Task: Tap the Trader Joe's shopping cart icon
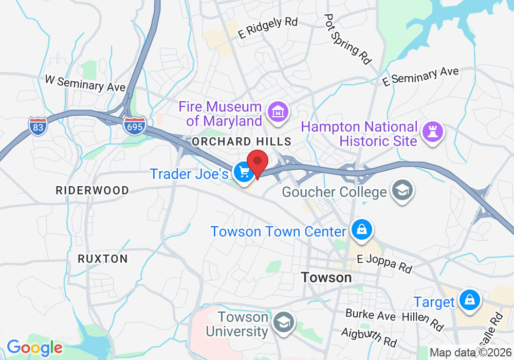click(242, 172)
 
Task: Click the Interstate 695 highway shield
click(134, 125)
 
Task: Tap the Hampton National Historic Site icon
click(432, 132)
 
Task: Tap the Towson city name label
click(326, 278)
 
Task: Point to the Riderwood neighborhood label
click(93, 190)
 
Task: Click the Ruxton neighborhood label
click(103, 258)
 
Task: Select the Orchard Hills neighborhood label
click(241, 141)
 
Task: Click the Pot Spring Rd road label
click(348, 39)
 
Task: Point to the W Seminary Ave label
click(85, 83)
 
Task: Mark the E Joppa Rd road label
click(384, 264)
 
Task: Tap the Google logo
click(34, 348)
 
